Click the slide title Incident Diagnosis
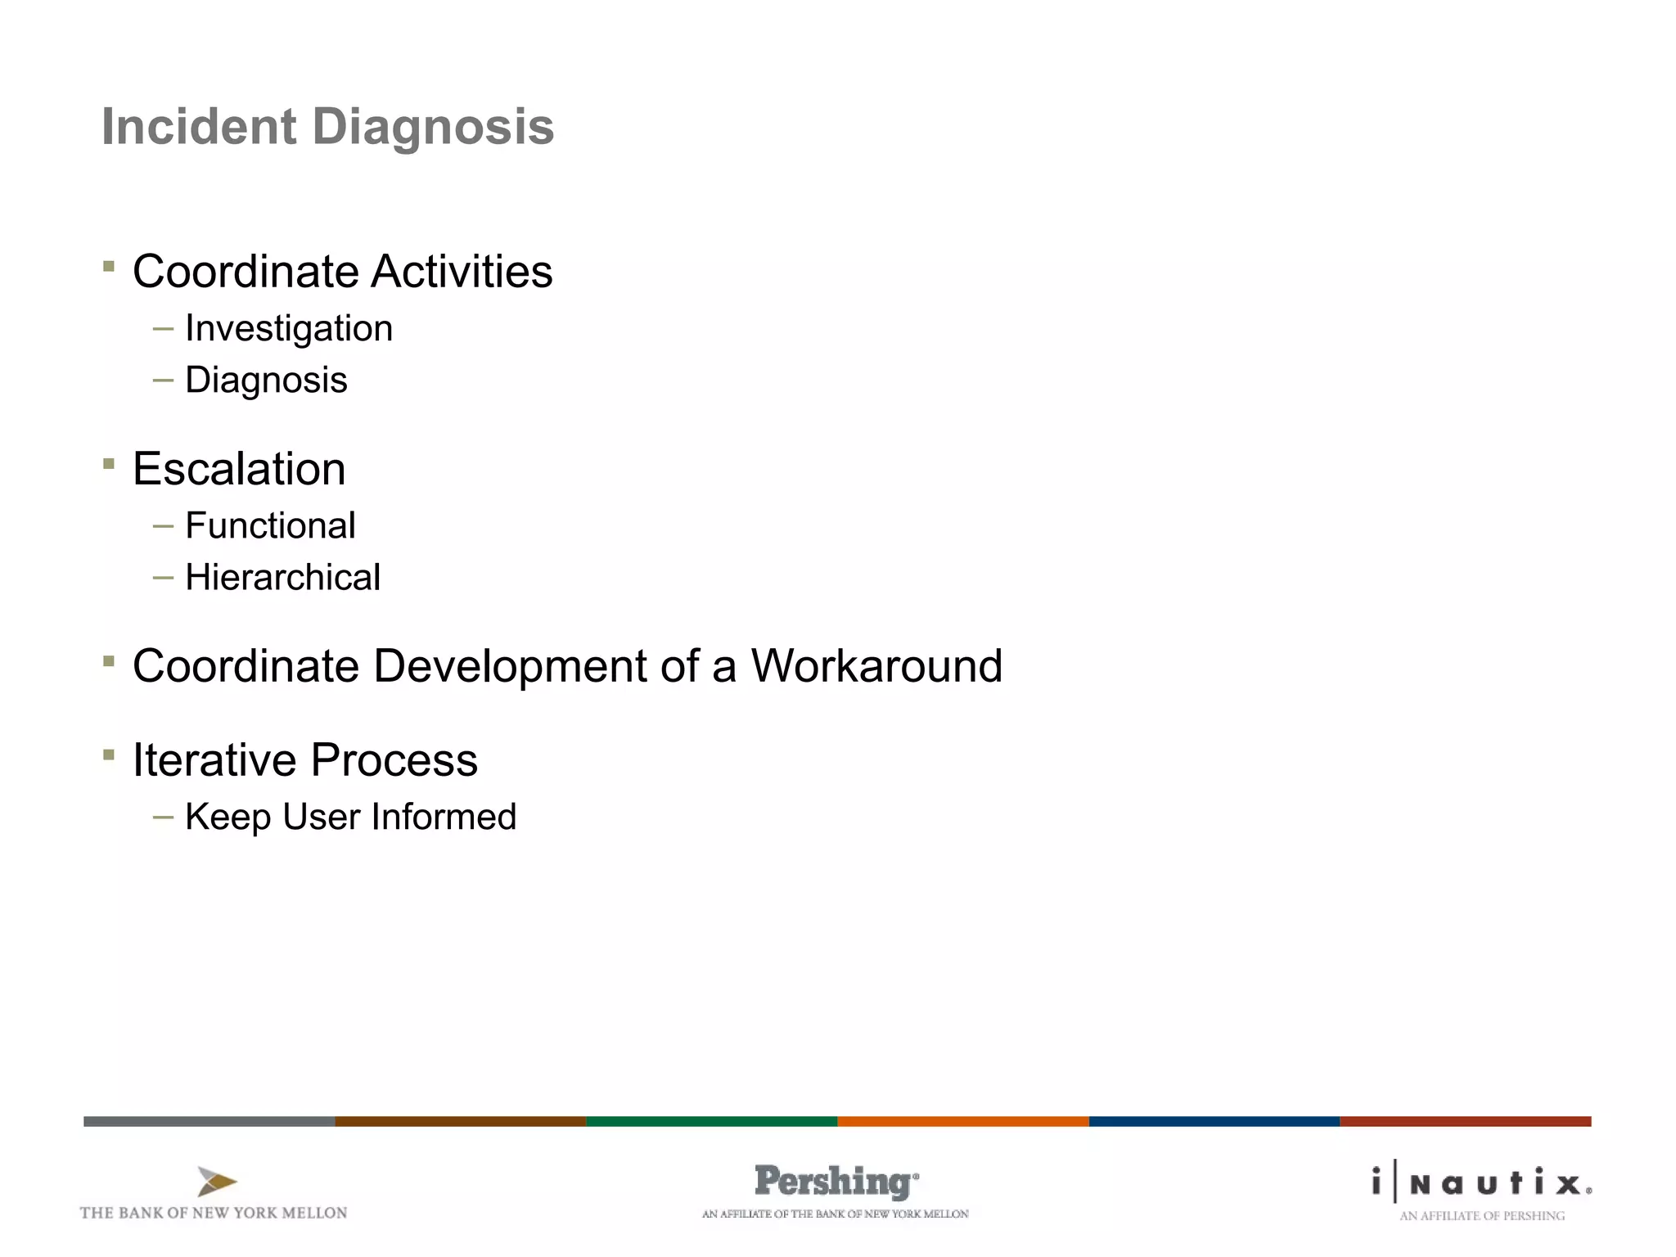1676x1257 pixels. click(x=327, y=128)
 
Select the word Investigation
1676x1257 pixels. click(x=289, y=329)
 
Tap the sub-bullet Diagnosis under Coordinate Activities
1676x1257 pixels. click(x=266, y=381)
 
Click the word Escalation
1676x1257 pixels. click(x=239, y=469)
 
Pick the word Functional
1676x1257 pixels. click(x=270, y=525)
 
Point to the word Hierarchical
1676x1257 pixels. click(x=282, y=578)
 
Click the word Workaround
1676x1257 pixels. click(x=876, y=665)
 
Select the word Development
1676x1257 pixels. click(x=511, y=665)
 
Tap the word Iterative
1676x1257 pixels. click(x=214, y=759)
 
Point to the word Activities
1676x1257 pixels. click(x=462, y=272)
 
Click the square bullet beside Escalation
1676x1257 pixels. click(x=109, y=464)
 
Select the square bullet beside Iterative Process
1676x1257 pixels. click(x=109, y=755)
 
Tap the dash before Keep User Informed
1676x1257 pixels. click(x=163, y=817)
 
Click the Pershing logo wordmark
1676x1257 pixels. click(x=835, y=1181)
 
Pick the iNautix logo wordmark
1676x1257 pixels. click(x=1481, y=1183)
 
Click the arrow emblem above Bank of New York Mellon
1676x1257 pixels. click(x=216, y=1182)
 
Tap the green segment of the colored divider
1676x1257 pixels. click(x=711, y=1121)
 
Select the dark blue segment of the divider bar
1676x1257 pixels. click(x=1214, y=1121)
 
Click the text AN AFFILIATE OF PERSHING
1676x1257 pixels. click(x=1481, y=1216)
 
